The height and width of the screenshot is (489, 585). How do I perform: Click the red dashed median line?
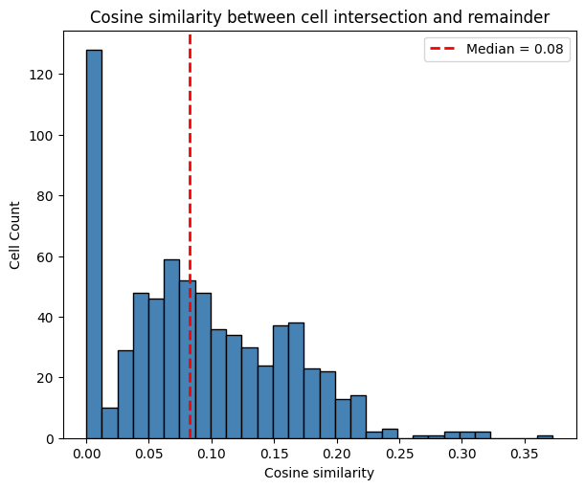(190, 191)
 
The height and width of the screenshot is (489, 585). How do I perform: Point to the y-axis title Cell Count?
(15, 234)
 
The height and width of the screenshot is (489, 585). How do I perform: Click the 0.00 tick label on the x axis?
(87, 455)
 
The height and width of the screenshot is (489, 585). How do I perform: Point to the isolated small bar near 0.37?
(545, 436)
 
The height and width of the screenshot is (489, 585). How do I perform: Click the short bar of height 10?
(109, 423)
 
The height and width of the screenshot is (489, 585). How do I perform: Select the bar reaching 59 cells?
(171, 349)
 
